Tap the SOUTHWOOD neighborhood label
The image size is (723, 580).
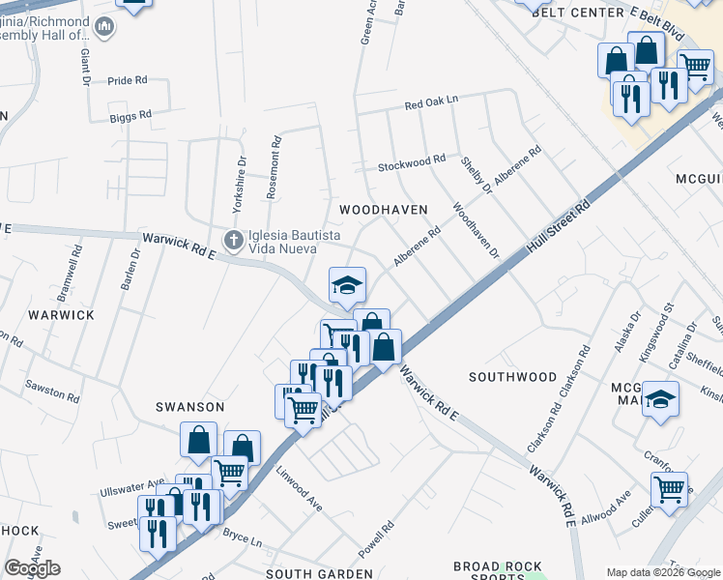point(512,376)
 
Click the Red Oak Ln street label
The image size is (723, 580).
point(430,103)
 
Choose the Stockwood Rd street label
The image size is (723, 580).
point(411,160)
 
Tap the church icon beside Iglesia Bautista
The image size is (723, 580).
point(233,239)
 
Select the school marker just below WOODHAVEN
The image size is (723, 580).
point(348,285)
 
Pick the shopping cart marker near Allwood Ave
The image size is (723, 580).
point(669,490)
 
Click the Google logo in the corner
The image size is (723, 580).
point(32,568)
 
